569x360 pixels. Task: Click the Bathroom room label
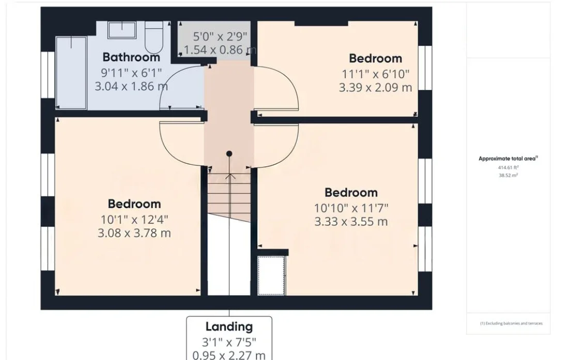pos(131,57)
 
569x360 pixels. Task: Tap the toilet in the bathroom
pos(154,37)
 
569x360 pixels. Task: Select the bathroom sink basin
pos(122,30)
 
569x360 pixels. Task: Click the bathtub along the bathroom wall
pos(71,72)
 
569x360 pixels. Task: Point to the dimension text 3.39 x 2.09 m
pos(376,87)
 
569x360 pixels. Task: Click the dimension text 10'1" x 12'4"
pos(134,220)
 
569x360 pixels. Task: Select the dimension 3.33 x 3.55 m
pos(351,222)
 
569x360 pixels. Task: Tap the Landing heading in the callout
pos(229,326)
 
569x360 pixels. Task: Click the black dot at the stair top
pos(229,154)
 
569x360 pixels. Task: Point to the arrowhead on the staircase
pos(229,176)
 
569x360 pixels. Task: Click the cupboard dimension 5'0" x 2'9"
pos(220,37)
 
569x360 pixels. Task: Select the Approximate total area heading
pos(508,159)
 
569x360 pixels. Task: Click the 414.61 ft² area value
pos(508,167)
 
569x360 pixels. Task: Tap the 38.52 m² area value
pos(508,176)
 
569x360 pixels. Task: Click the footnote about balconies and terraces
pos(511,323)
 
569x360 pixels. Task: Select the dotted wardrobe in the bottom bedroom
pos(271,275)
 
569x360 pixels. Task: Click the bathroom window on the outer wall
pos(48,75)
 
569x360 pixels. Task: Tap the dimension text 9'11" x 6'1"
pos(131,73)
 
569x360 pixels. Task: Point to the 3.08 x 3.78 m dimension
pos(134,233)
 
